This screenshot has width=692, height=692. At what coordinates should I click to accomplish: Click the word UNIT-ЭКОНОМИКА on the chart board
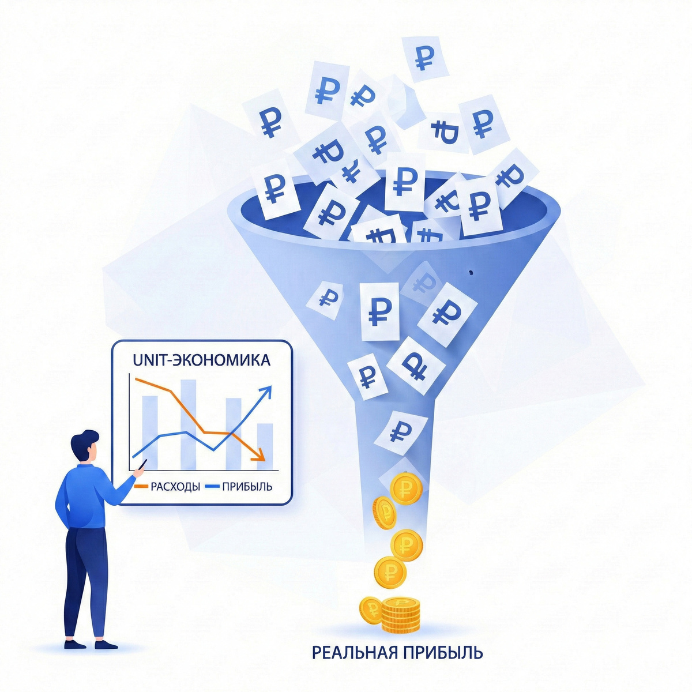click(201, 360)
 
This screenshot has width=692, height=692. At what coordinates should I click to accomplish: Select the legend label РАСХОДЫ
click(175, 487)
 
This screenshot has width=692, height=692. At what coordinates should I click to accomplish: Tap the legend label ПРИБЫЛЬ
click(247, 487)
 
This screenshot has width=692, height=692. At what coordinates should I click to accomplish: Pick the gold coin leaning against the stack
click(371, 610)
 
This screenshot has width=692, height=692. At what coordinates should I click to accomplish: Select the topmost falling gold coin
click(405, 488)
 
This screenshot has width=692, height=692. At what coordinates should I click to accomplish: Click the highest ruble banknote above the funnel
click(424, 58)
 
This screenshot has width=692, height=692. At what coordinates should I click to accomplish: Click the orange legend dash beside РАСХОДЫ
click(141, 487)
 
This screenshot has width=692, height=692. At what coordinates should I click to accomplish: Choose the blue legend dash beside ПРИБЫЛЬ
click(213, 487)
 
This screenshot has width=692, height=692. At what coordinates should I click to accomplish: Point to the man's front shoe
click(106, 645)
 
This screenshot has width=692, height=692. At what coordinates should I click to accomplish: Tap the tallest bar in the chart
click(189, 424)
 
